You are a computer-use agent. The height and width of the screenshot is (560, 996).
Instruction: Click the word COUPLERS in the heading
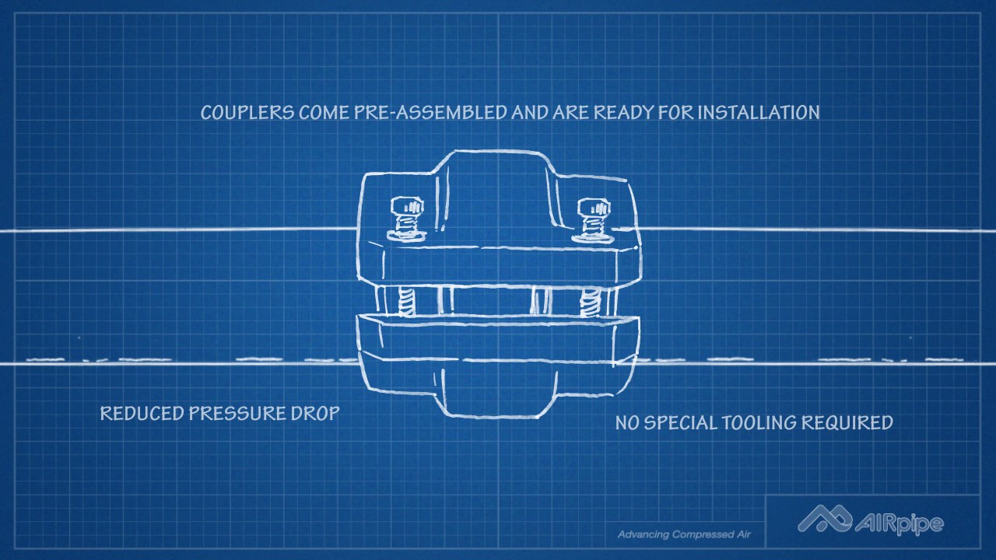(x=247, y=113)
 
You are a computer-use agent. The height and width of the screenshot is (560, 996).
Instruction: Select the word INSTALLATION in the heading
(x=758, y=113)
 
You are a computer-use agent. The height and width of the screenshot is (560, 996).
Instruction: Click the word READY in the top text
(x=623, y=113)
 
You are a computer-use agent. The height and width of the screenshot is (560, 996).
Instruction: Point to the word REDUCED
(x=142, y=413)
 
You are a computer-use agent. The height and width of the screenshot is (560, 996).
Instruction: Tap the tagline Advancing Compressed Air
(x=679, y=535)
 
